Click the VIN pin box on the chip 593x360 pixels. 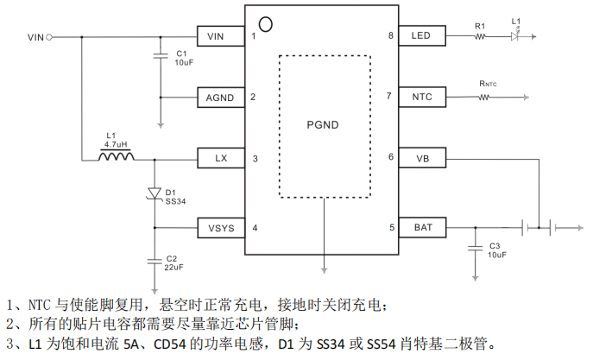point(221,36)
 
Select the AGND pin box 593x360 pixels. point(221,98)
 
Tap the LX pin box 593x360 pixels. point(221,158)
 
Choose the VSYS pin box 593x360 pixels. point(221,228)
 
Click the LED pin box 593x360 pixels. point(422,35)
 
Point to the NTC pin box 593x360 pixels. point(422,97)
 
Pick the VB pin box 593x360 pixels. point(422,158)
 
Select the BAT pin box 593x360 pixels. point(422,227)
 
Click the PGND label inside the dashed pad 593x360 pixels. point(323,125)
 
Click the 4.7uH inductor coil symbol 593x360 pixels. point(117,155)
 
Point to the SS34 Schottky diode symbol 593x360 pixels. point(155,193)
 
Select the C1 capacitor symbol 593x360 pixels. point(161,56)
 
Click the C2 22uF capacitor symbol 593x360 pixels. point(155,262)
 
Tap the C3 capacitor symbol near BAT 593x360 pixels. point(476,248)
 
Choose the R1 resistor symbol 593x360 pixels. point(480,36)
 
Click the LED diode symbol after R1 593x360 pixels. point(514,36)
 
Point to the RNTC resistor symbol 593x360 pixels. point(483,98)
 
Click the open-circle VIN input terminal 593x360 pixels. point(49,37)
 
